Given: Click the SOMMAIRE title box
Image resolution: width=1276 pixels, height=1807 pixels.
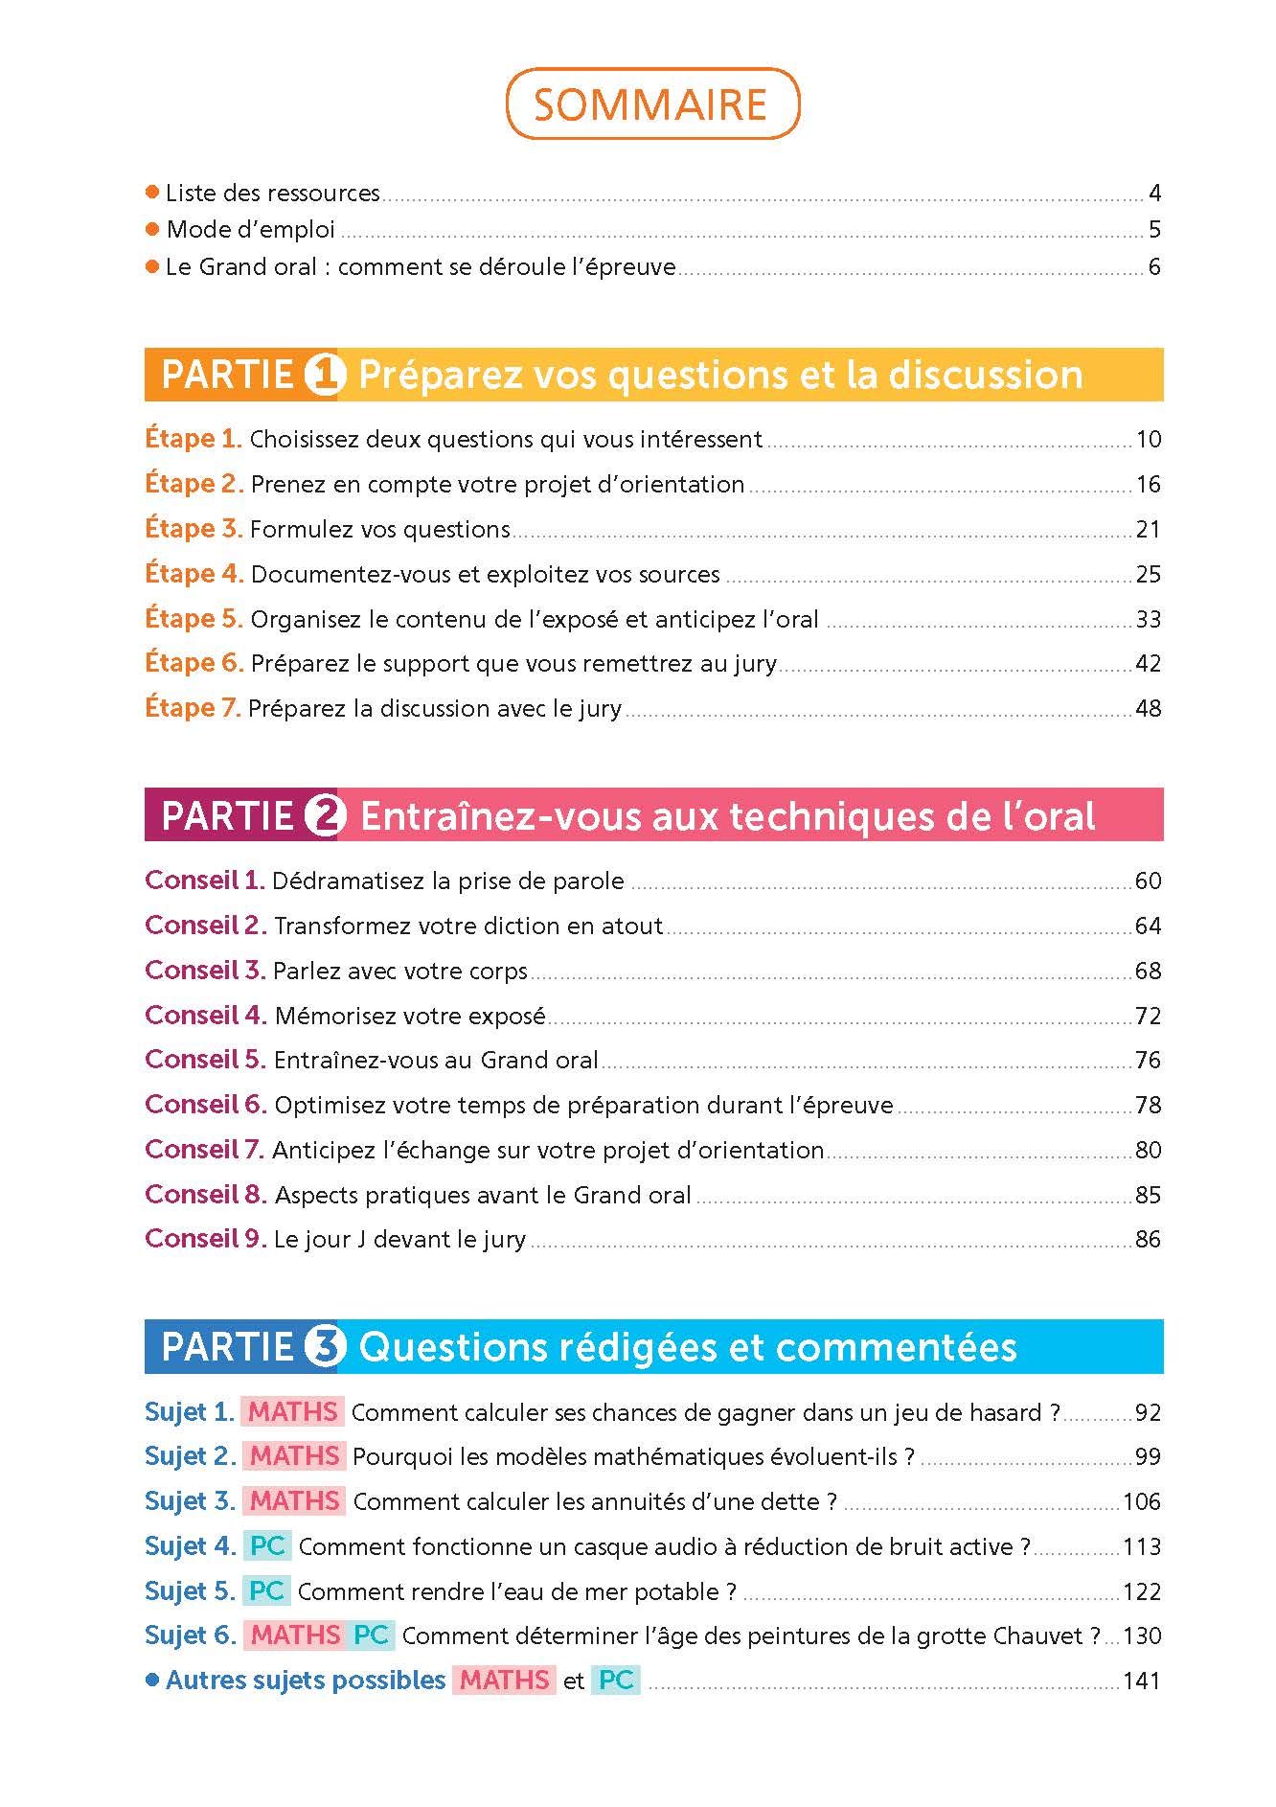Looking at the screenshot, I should (651, 103).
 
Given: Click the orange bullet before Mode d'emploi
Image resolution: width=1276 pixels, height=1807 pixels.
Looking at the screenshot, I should (151, 229).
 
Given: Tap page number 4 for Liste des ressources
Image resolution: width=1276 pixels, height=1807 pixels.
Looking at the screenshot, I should (1154, 194).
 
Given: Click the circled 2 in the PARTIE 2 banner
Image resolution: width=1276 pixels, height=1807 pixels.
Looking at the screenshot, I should (324, 816).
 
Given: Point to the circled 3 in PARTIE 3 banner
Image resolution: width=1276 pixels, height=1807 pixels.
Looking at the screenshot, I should (324, 1347).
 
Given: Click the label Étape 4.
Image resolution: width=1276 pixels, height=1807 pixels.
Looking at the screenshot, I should (194, 574).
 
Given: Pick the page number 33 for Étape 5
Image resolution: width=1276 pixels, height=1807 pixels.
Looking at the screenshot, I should (1148, 619).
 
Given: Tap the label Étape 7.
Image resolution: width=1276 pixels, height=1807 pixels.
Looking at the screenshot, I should (193, 708).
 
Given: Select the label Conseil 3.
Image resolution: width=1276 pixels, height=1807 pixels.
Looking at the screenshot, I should (204, 971).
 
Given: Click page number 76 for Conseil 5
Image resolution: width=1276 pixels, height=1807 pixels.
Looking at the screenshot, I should (1148, 1061).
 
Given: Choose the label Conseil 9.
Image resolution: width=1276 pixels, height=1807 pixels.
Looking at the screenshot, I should (204, 1239).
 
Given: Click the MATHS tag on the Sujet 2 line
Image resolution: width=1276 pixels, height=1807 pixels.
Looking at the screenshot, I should (295, 1456).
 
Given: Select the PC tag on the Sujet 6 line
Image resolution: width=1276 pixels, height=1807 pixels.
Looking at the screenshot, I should (371, 1635).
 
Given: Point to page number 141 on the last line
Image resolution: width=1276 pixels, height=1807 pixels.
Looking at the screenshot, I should (1141, 1681).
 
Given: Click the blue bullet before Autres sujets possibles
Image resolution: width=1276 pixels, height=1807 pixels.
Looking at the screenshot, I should (151, 1680).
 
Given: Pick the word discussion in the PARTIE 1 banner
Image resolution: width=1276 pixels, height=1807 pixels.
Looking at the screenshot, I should (986, 375).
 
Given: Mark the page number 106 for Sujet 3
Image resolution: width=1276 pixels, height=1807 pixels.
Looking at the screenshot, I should (1141, 1501).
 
